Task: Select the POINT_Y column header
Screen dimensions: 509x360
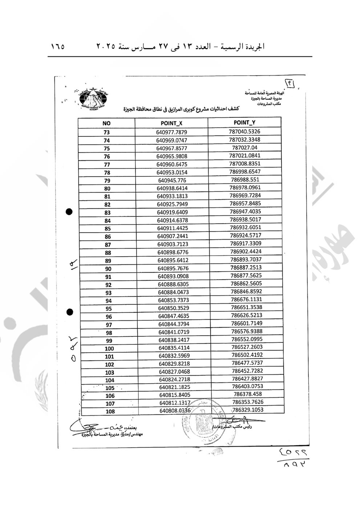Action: (244, 123)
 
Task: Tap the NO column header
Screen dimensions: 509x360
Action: (106, 124)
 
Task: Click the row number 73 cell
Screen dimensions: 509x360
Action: (106, 132)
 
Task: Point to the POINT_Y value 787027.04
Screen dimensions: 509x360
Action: (244, 148)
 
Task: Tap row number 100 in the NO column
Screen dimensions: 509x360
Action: (109, 349)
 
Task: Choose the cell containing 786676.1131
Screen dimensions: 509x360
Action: (246, 299)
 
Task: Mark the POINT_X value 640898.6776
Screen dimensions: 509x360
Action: (173, 252)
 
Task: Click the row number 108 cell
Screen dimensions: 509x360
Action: (110, 412)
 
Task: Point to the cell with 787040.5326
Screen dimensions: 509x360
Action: (244, 132)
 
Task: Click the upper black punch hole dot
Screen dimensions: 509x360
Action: (69, 212)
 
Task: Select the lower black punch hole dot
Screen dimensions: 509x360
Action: (70, 312)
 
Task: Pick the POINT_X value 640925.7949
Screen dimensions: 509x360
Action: (173, 204)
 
